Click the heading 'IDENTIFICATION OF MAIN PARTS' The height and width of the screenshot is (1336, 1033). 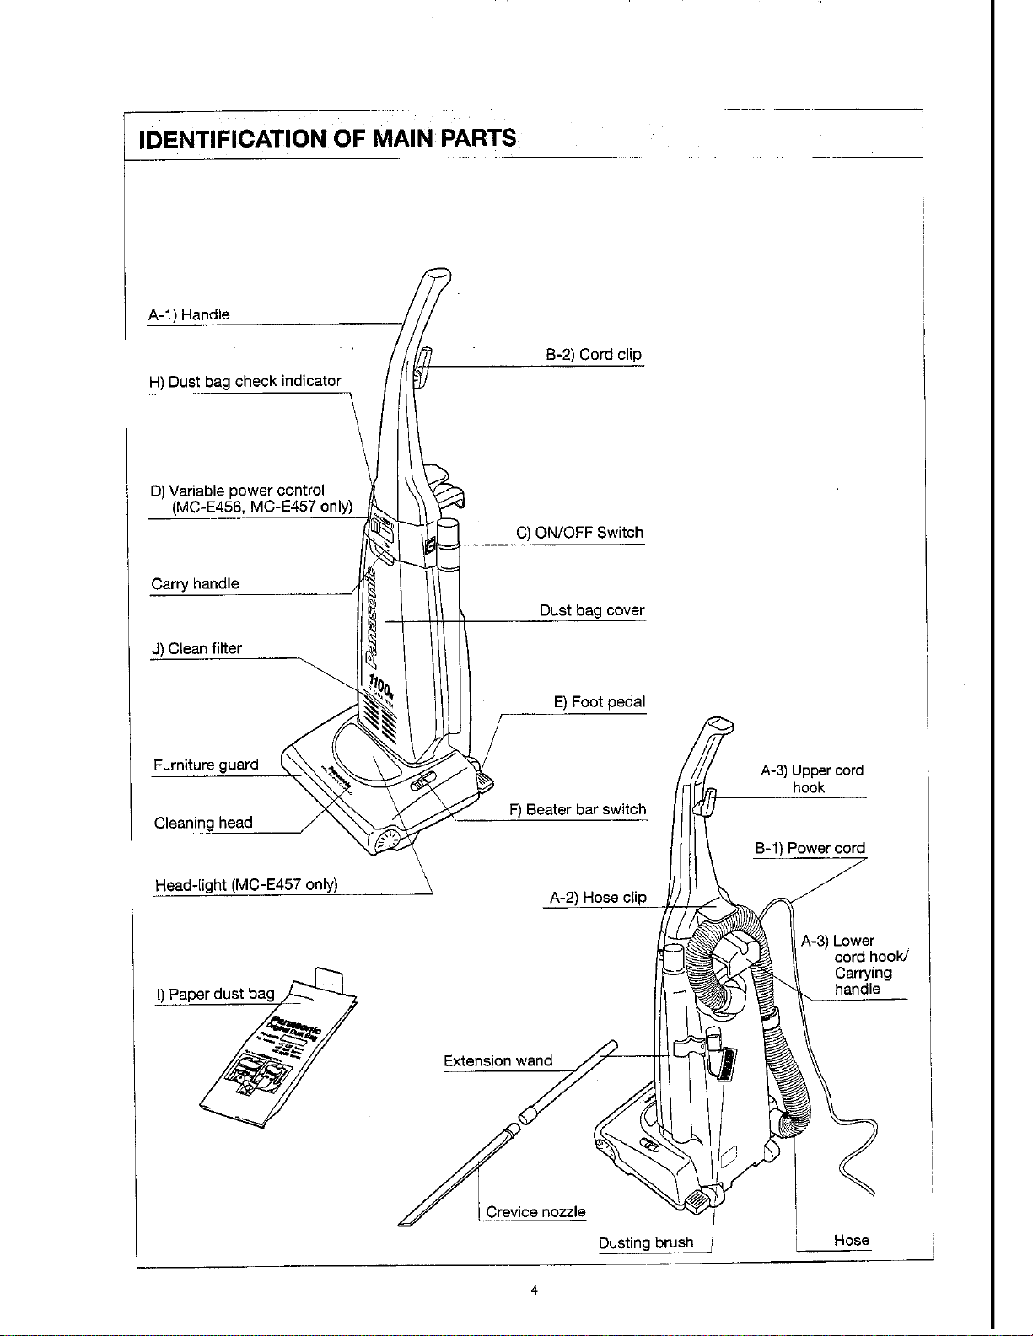(328, 137)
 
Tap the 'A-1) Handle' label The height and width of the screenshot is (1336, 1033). (189, 314)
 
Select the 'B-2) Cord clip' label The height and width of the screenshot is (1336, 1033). (594, 355)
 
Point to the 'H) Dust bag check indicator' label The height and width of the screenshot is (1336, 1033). (245, 381)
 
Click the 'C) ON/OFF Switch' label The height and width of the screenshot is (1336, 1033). (579, 533)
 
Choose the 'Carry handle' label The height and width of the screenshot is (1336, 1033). (195, 583)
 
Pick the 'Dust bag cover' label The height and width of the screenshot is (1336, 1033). (592, 610)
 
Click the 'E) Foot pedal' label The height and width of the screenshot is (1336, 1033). (599, 702)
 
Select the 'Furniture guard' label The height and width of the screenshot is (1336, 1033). (206, 765)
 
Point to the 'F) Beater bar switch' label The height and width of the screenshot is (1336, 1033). (578, 809)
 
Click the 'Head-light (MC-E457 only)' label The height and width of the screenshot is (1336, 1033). (246, 884)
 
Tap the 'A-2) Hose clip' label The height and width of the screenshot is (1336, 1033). (598, 898)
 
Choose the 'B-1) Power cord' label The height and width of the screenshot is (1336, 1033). (810, 848)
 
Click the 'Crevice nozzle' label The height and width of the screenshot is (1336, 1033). (535, 1212)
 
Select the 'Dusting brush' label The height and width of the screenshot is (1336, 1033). (646, 1242)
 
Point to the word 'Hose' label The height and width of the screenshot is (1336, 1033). (851, 1240)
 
